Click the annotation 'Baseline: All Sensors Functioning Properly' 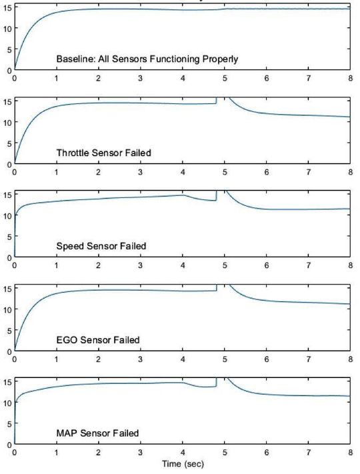(x=147, y=59)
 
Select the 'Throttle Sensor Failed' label (x=103, y=153)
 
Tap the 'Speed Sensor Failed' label (x=101, y=246)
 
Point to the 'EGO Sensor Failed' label (x=98, y=340)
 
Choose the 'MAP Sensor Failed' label (x=97, y=433)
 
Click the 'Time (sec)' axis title (x=182, y=462)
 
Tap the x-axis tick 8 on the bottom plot (x=349, y=452)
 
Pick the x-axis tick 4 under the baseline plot (x=182, y=78)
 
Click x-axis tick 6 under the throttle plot (x=266, y=172)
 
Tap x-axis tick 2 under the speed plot (x=98, y=265)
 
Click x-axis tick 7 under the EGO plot (x=308, y=359)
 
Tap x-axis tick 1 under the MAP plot (x=56, y=452)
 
